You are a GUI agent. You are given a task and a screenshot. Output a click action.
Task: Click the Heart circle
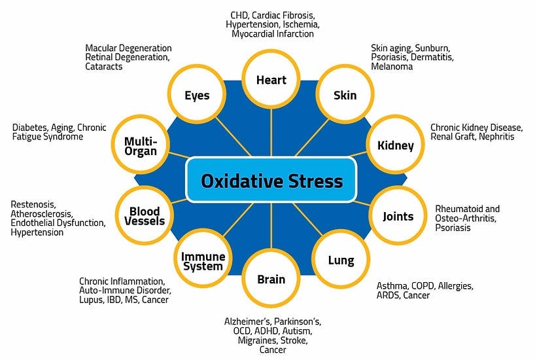tap(271, 80)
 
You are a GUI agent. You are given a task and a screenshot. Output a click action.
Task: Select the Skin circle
tap(345, 96)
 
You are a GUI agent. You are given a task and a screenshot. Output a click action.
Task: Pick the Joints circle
tap(398, 215)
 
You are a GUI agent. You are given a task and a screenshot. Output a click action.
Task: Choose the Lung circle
tap(341, 261)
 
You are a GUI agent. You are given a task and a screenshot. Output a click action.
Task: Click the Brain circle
tap(271, 279)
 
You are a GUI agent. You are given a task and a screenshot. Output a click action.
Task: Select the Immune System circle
tap(202, 261)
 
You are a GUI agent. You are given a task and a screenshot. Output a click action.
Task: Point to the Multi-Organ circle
tap(140, 145)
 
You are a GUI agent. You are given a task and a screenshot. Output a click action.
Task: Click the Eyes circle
tap(197, 96)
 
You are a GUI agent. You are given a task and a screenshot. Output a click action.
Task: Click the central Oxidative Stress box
tap(271, 179)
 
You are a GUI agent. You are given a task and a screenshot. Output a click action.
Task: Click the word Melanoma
tap(392, 67)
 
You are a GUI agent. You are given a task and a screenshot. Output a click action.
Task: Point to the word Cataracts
tap(104, 67)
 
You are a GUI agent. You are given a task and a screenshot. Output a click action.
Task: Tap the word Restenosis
tap(33, 204)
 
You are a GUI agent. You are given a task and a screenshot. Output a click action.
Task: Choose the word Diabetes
tap(31, 128)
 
